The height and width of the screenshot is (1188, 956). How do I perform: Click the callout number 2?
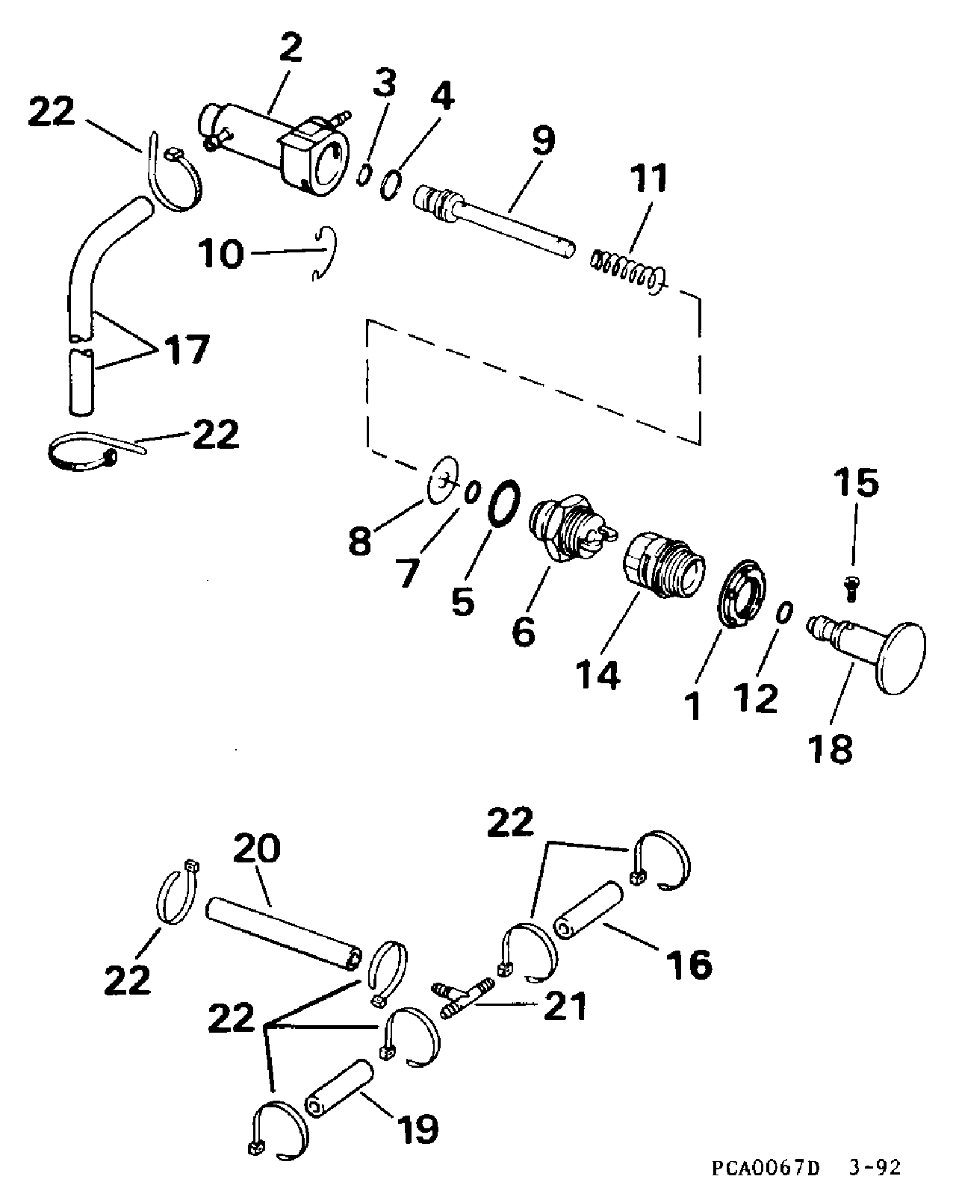click(291, 48)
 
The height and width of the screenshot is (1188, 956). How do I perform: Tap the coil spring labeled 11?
click(627, 270)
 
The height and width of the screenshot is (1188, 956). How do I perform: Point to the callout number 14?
click(598, 674)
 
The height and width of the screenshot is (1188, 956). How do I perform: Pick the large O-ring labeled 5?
click(503, 503)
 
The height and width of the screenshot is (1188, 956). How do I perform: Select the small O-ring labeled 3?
click(364, 175)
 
